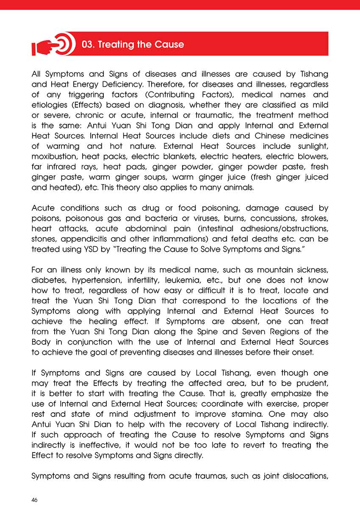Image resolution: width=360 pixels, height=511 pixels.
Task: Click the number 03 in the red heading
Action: (88, 44)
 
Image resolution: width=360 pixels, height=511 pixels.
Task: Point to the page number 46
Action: (35, 500)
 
